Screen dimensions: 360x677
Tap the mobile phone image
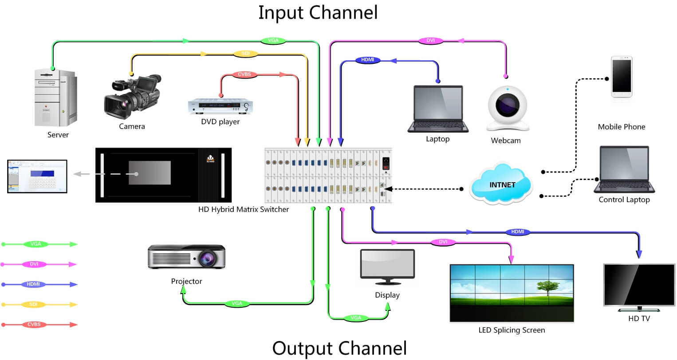point(621,77)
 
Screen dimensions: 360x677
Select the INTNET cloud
point(502,184)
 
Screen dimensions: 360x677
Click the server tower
point(55,98)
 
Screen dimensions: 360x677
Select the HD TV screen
point(639,286)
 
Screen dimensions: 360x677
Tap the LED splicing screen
point(512,293)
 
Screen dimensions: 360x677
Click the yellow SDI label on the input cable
point(245,54)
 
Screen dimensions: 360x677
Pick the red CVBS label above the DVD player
point(244,74)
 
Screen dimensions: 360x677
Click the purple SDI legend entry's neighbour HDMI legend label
point(34,284)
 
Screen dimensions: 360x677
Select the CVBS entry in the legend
point(34,325)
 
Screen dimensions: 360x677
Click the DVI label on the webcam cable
point(430,41)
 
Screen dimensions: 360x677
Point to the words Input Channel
point(318,12)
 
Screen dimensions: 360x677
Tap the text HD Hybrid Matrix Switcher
point(243,209)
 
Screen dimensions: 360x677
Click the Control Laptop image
point(624,169)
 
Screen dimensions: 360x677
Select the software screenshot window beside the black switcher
point(37,176)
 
